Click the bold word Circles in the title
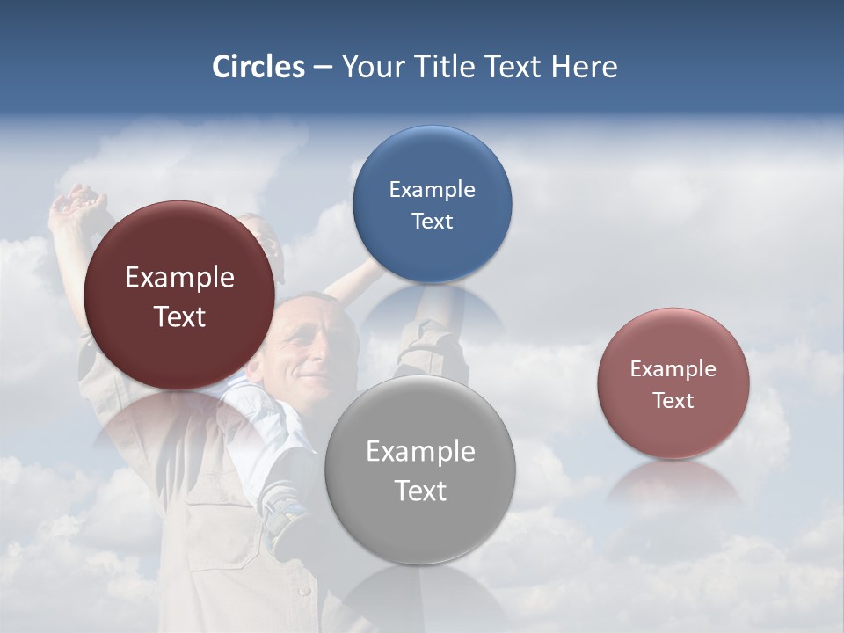click(258, 67)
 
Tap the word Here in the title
click(584, 67)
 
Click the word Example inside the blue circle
click(432, 189)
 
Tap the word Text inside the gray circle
click(420, 491)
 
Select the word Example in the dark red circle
click(179, 278)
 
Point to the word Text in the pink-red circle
click(673, 401)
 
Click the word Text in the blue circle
click(432, 221)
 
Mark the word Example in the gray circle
click(420, 452)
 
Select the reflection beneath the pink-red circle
click(673, 484)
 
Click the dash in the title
click(323, 68)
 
